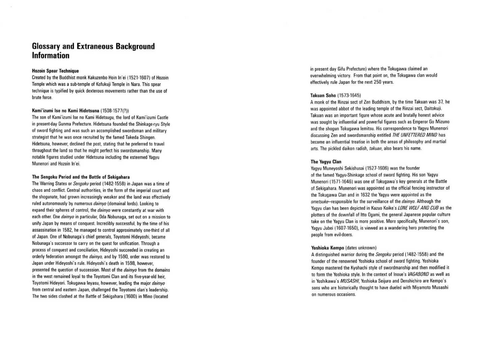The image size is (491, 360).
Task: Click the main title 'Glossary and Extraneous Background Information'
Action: tap(93, 51)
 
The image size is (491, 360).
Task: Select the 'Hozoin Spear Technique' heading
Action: tap(55, 71)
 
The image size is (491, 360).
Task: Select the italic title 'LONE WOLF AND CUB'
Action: tap(418, 208)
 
